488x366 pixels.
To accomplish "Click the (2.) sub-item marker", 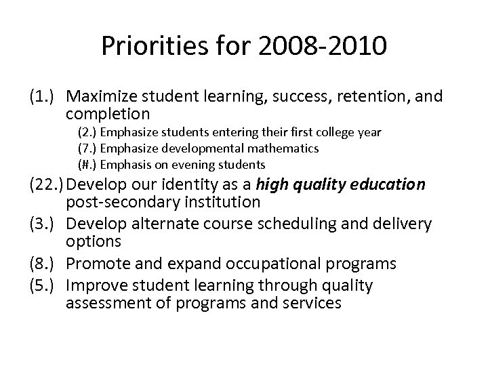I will [87, 132].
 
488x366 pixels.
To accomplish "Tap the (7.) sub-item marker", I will [87, 148].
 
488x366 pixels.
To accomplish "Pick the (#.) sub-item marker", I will [87, 164].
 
